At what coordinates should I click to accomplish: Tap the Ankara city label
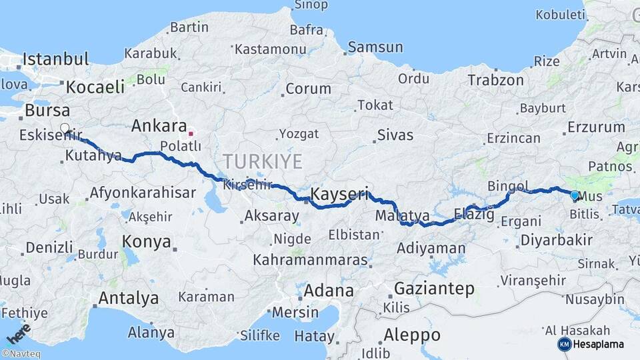point(159,125)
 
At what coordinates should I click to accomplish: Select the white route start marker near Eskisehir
point(65,128)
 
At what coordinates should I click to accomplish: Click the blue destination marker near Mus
point(575,195)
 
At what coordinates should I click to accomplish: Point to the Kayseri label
point(339,195)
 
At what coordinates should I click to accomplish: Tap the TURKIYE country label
point(263,161)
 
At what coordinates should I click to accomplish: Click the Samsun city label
point(375,47)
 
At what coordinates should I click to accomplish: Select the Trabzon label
point(495,80)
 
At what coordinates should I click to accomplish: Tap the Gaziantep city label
point(434,289)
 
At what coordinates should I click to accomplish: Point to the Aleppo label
point(412,334)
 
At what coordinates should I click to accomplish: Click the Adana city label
point(329,291)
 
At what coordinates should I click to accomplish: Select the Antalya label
point(129,297)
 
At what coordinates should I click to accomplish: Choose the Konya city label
point(146,241)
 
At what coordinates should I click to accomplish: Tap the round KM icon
point(564,344)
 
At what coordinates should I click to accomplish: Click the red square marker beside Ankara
point(191,133)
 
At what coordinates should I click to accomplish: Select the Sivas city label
point(395,135)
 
